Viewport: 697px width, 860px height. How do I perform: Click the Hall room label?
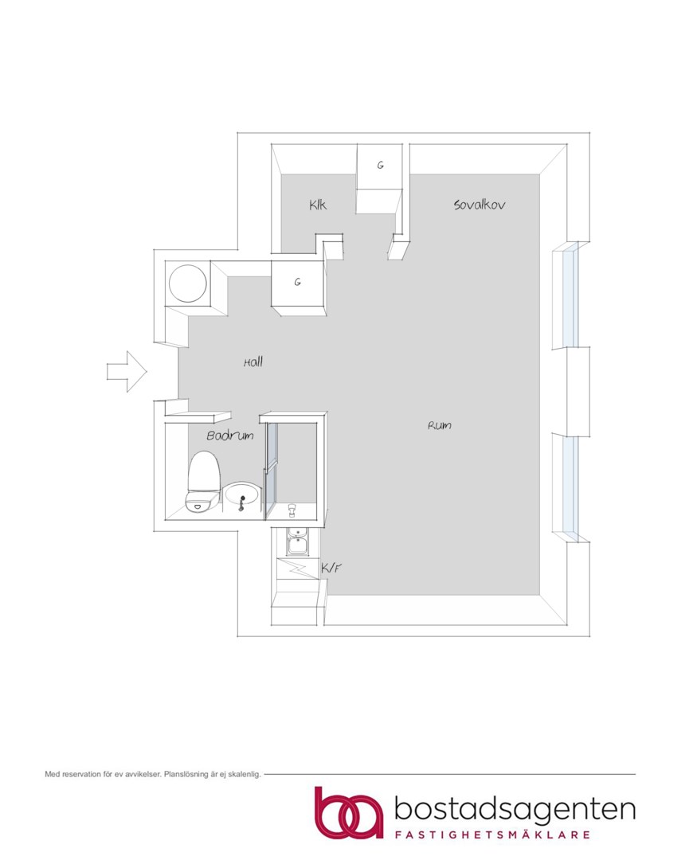pyautogui.click(x=253, y=362)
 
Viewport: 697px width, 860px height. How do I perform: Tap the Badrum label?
pyautogui.click(x=230, y=436)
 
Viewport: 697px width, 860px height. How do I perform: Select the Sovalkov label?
pyautogui.click(x=479, y=205)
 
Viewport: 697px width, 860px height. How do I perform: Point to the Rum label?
pyautogui.click(x=440, y=425)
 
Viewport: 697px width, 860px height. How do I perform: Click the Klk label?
pyautogui.click(x=318, y=205)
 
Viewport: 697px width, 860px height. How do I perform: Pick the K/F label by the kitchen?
pyautogui.click(x=331, y=568)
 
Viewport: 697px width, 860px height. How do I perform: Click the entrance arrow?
pyautogui.click(x=127, y=371)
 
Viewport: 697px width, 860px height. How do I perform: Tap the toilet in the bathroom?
pyautogui.click(x=204, y=482)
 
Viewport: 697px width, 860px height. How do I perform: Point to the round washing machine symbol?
pyautogui.click(x=188, y=283)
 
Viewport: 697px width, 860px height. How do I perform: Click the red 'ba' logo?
pyautogui.click(x=349, y=813)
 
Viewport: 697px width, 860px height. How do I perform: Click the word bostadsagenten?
pyautogui.click(x=515, y=810)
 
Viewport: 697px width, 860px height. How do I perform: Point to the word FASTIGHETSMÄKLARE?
pyautogui.click(x=493, y=835)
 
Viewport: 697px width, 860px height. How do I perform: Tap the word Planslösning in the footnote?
pyautogui.click(x=186, y=775)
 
